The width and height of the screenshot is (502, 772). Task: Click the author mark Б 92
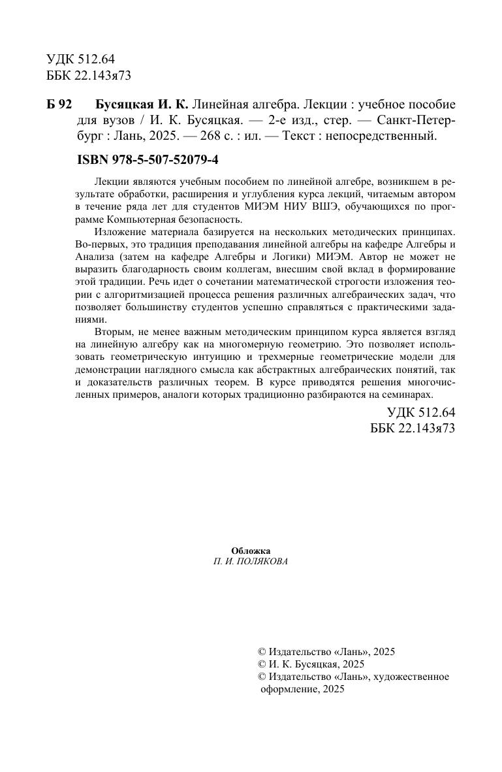tap(59, 105)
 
